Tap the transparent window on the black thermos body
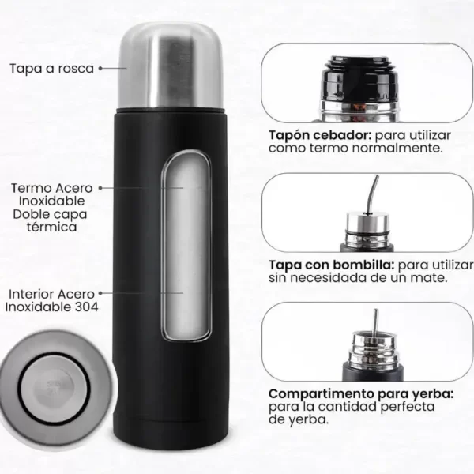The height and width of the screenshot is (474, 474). pyautogui.click(x=186, y=245)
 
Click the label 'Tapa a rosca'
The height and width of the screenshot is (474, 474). pyautogui.click(x=51, y=68)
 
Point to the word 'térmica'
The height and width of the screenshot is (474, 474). pyautogui.click(x=51, y=227)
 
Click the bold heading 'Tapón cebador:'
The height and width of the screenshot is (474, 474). pyautogui.click(x=320, y=135)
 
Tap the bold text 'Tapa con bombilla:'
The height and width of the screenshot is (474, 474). pyautogui.click(x=332, y=265)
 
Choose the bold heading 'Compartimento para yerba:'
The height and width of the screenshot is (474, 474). pyautogui.click(x=361, y=394)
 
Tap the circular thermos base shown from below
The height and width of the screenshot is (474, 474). pyautogui.click(x=56, y=388)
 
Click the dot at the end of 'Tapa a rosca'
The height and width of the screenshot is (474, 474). pyautogui.click(x=100, y=68)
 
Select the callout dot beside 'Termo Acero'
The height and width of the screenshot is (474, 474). pyautogui.click(x=100, y=188)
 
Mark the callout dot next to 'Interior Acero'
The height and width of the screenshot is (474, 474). pyautogui.click(x=100, y=293)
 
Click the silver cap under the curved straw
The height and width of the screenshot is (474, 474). pyautogui.click(x=367, y=222)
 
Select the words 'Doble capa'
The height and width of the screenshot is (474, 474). pyautogui.click(x=51, y=214)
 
